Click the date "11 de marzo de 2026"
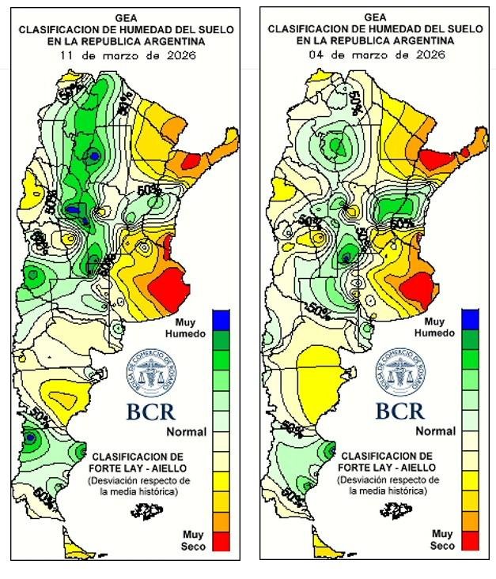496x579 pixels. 127,56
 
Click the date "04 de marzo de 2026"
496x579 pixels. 377,55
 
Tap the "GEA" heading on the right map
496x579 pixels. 377,17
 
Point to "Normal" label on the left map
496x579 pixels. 186,432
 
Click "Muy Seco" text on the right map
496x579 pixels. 442,540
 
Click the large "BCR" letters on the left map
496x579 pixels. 151,412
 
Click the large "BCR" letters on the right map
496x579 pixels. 400,412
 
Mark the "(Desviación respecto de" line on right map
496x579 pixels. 386,479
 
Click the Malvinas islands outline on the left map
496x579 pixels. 144,512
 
